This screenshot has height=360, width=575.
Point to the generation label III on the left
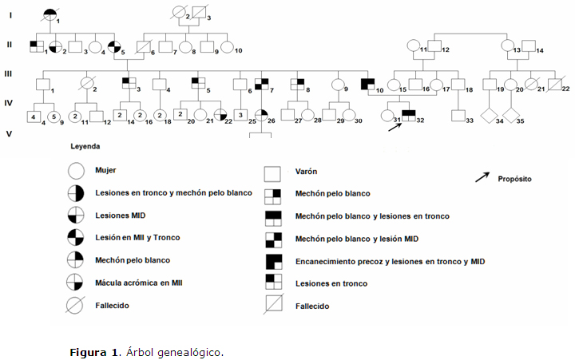click(x=9, y=73)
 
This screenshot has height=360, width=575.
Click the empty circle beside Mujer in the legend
click(x=76, y=170)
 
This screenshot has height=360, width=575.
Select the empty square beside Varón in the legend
click(x=273, y=171)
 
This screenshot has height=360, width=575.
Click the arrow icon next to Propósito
click(x=483, y=177)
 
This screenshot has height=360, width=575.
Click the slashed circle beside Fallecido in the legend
click(x=76, y=305)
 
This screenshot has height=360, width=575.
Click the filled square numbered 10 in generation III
click(x=367, y=82)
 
